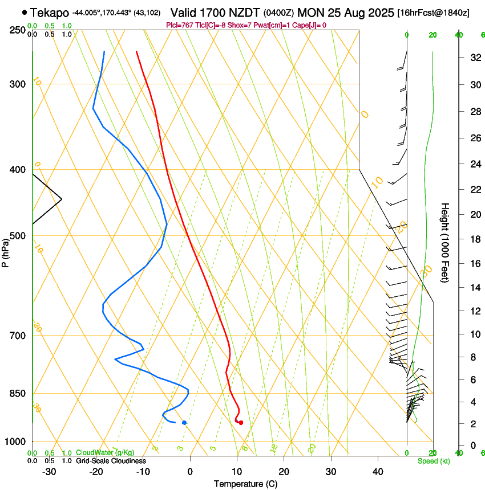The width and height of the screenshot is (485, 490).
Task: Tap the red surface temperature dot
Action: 241,422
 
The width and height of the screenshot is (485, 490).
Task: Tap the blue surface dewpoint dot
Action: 184,422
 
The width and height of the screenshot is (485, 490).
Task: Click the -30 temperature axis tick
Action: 49,472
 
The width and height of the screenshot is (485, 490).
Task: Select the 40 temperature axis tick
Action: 378,472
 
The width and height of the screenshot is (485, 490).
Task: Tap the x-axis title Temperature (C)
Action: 245,484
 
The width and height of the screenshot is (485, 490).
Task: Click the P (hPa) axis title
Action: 6,251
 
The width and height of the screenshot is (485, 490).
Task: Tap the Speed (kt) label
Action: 433,461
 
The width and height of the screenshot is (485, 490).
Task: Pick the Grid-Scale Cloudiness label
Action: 111,461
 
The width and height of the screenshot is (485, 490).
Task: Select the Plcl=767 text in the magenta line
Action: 178,25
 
